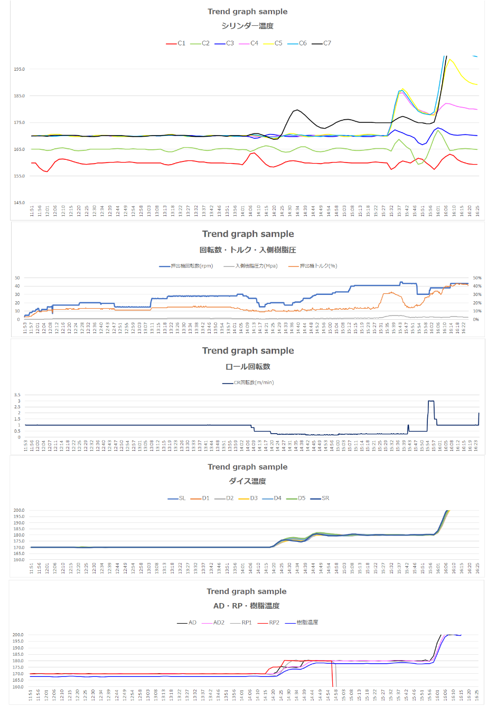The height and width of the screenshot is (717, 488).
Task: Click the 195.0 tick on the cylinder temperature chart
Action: [x=19, y=69]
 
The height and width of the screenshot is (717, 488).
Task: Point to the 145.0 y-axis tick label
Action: [x=19, y=203]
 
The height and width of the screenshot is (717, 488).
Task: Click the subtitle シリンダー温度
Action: [x=247, y=26]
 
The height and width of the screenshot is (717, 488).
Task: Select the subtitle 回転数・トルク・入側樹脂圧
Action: [x=247, y=250]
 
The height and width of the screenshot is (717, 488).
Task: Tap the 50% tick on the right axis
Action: [x=477, y=278]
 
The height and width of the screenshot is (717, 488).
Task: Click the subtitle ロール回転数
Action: [x=248, y=366]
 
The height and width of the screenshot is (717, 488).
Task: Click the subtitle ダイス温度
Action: [x=247, y=481]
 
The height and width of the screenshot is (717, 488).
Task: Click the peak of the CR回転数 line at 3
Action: [x=431, y=401]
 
